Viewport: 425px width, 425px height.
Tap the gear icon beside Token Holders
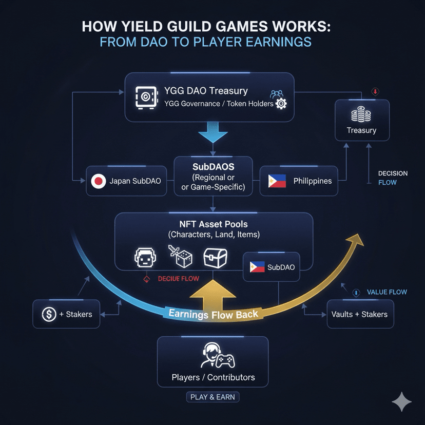click(281, 104)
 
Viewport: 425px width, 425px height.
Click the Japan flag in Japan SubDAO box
click(98, 181)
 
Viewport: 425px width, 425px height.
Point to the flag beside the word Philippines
click(277, 181)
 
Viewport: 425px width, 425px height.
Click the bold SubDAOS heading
click(213, 167)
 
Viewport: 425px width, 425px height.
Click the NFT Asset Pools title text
click(214, 224)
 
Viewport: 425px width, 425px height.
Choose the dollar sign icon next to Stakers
click(49, 314)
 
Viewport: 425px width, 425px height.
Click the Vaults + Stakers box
click(360, 314)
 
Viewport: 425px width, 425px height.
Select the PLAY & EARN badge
click(212, 397)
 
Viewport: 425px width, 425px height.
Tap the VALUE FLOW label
click(387, 292)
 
